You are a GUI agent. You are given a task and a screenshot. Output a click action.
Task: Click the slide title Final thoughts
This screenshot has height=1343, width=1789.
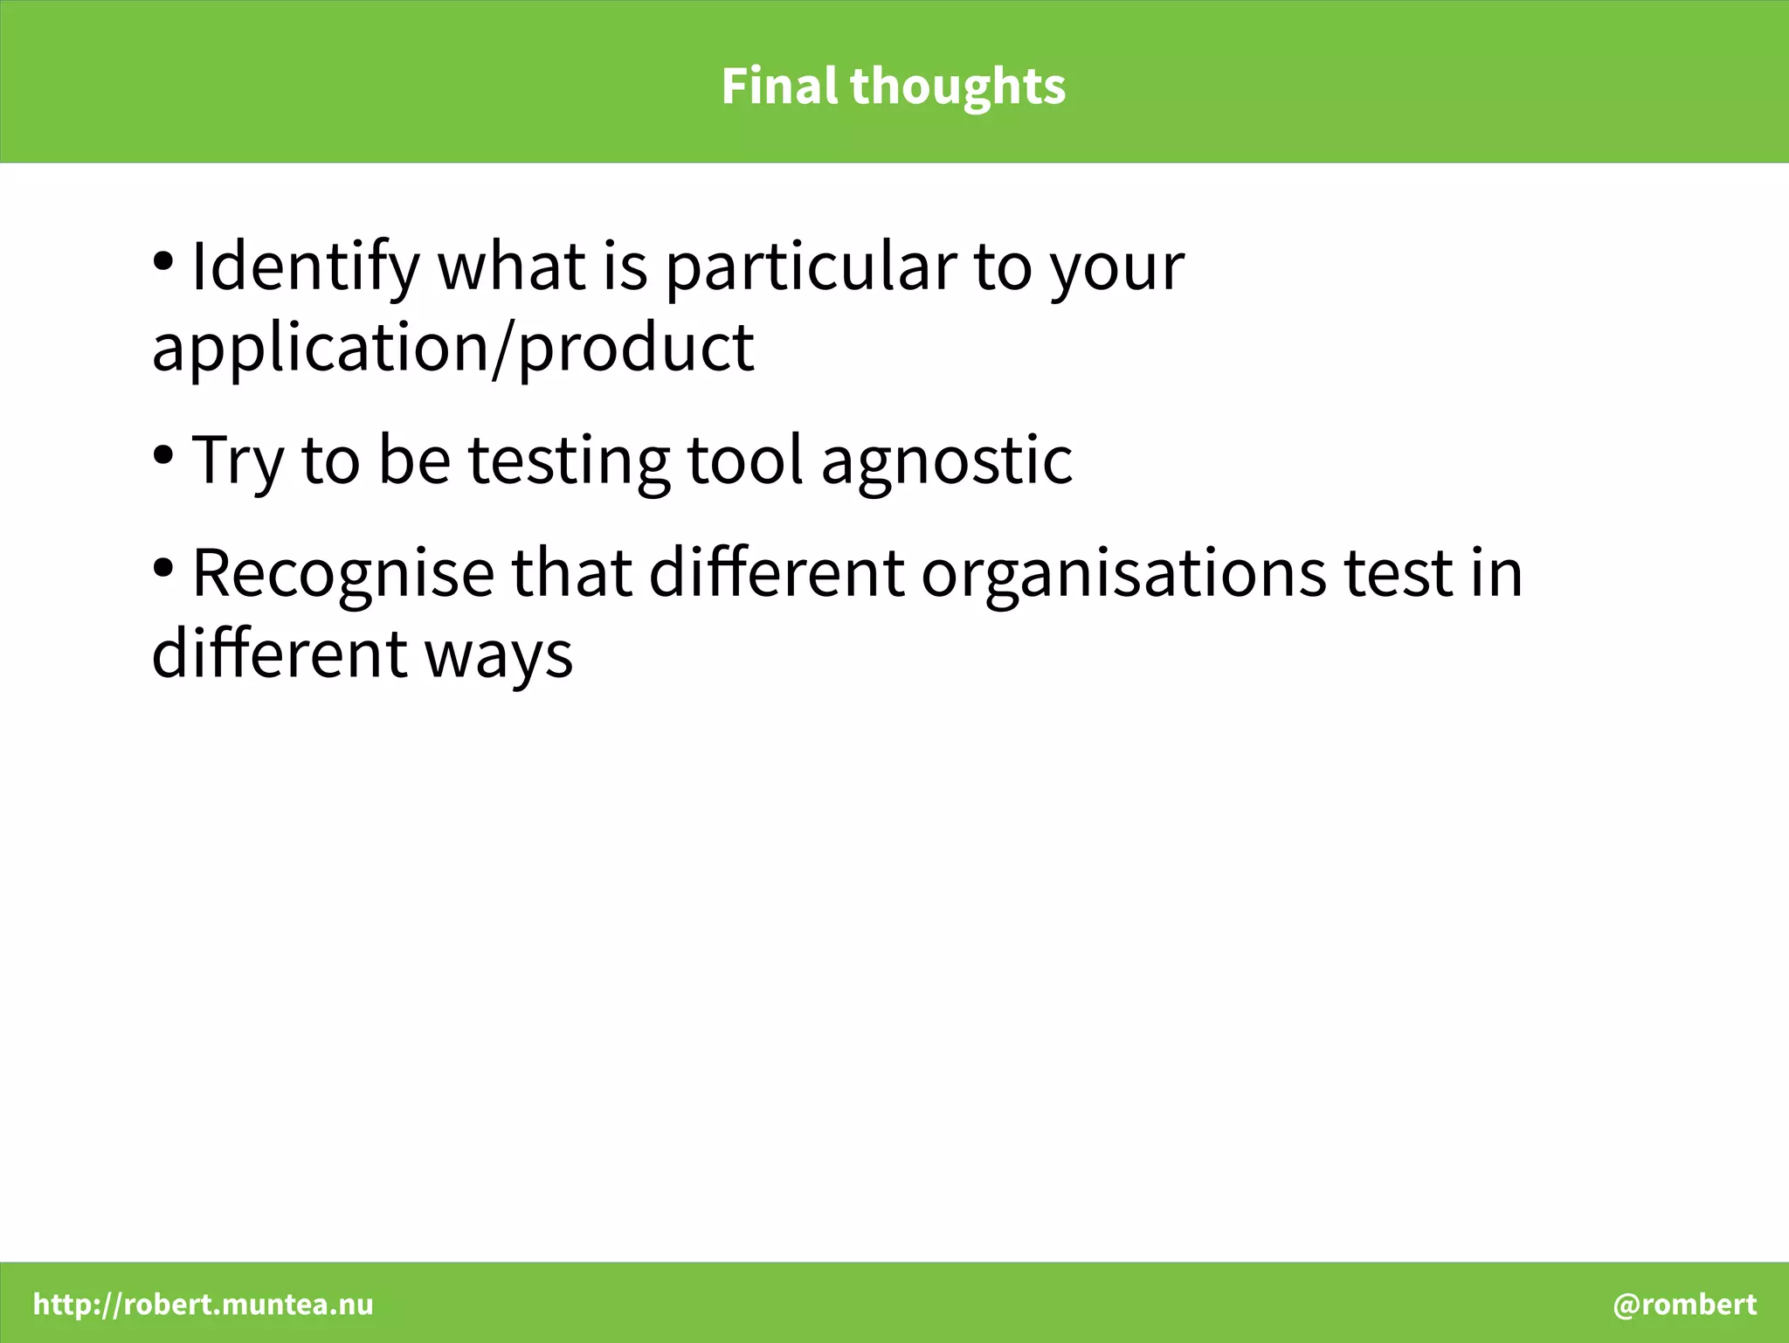point(894,86)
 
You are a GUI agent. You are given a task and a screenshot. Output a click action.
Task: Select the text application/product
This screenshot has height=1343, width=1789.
point(452,348)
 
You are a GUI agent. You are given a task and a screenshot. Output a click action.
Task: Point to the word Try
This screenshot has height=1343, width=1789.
point(238,460)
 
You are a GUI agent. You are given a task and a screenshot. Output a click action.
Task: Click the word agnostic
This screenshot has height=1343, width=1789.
point(946,460)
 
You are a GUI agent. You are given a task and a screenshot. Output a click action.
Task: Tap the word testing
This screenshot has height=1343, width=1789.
point(569,460)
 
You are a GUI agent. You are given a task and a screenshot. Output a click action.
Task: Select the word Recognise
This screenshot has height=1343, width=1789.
point(342,574)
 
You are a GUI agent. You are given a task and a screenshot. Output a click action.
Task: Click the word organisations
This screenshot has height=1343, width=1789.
point(1124,574)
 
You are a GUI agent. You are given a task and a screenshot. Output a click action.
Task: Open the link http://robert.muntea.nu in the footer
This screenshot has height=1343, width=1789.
point(203,1305)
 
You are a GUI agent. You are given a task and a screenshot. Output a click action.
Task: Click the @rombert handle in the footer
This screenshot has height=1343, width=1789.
point(1684,1305)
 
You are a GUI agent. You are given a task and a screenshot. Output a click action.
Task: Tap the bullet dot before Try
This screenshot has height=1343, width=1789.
point(163,454)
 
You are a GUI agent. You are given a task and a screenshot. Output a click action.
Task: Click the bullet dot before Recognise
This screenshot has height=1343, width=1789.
point(163,568)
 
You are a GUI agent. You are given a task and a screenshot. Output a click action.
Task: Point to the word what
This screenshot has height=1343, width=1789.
point(511,267)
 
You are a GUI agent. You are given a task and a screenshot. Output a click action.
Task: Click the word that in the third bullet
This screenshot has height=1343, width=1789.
point(571,574)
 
